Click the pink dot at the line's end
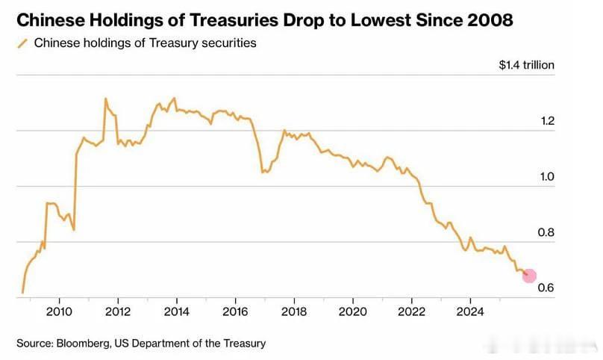coord(529,276)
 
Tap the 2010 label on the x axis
coord(59,311)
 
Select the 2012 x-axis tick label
coord(118,311)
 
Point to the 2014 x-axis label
coord(176,311)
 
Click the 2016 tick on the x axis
coord(235,311)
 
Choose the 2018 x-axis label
coord(293,311)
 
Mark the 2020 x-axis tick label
coord(352,311)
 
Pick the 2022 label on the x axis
coord(411,311)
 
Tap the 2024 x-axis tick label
coord(470,311)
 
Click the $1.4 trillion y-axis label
coord(527,65)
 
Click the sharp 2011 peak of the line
coord(105,99)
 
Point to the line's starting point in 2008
coord(23,292)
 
